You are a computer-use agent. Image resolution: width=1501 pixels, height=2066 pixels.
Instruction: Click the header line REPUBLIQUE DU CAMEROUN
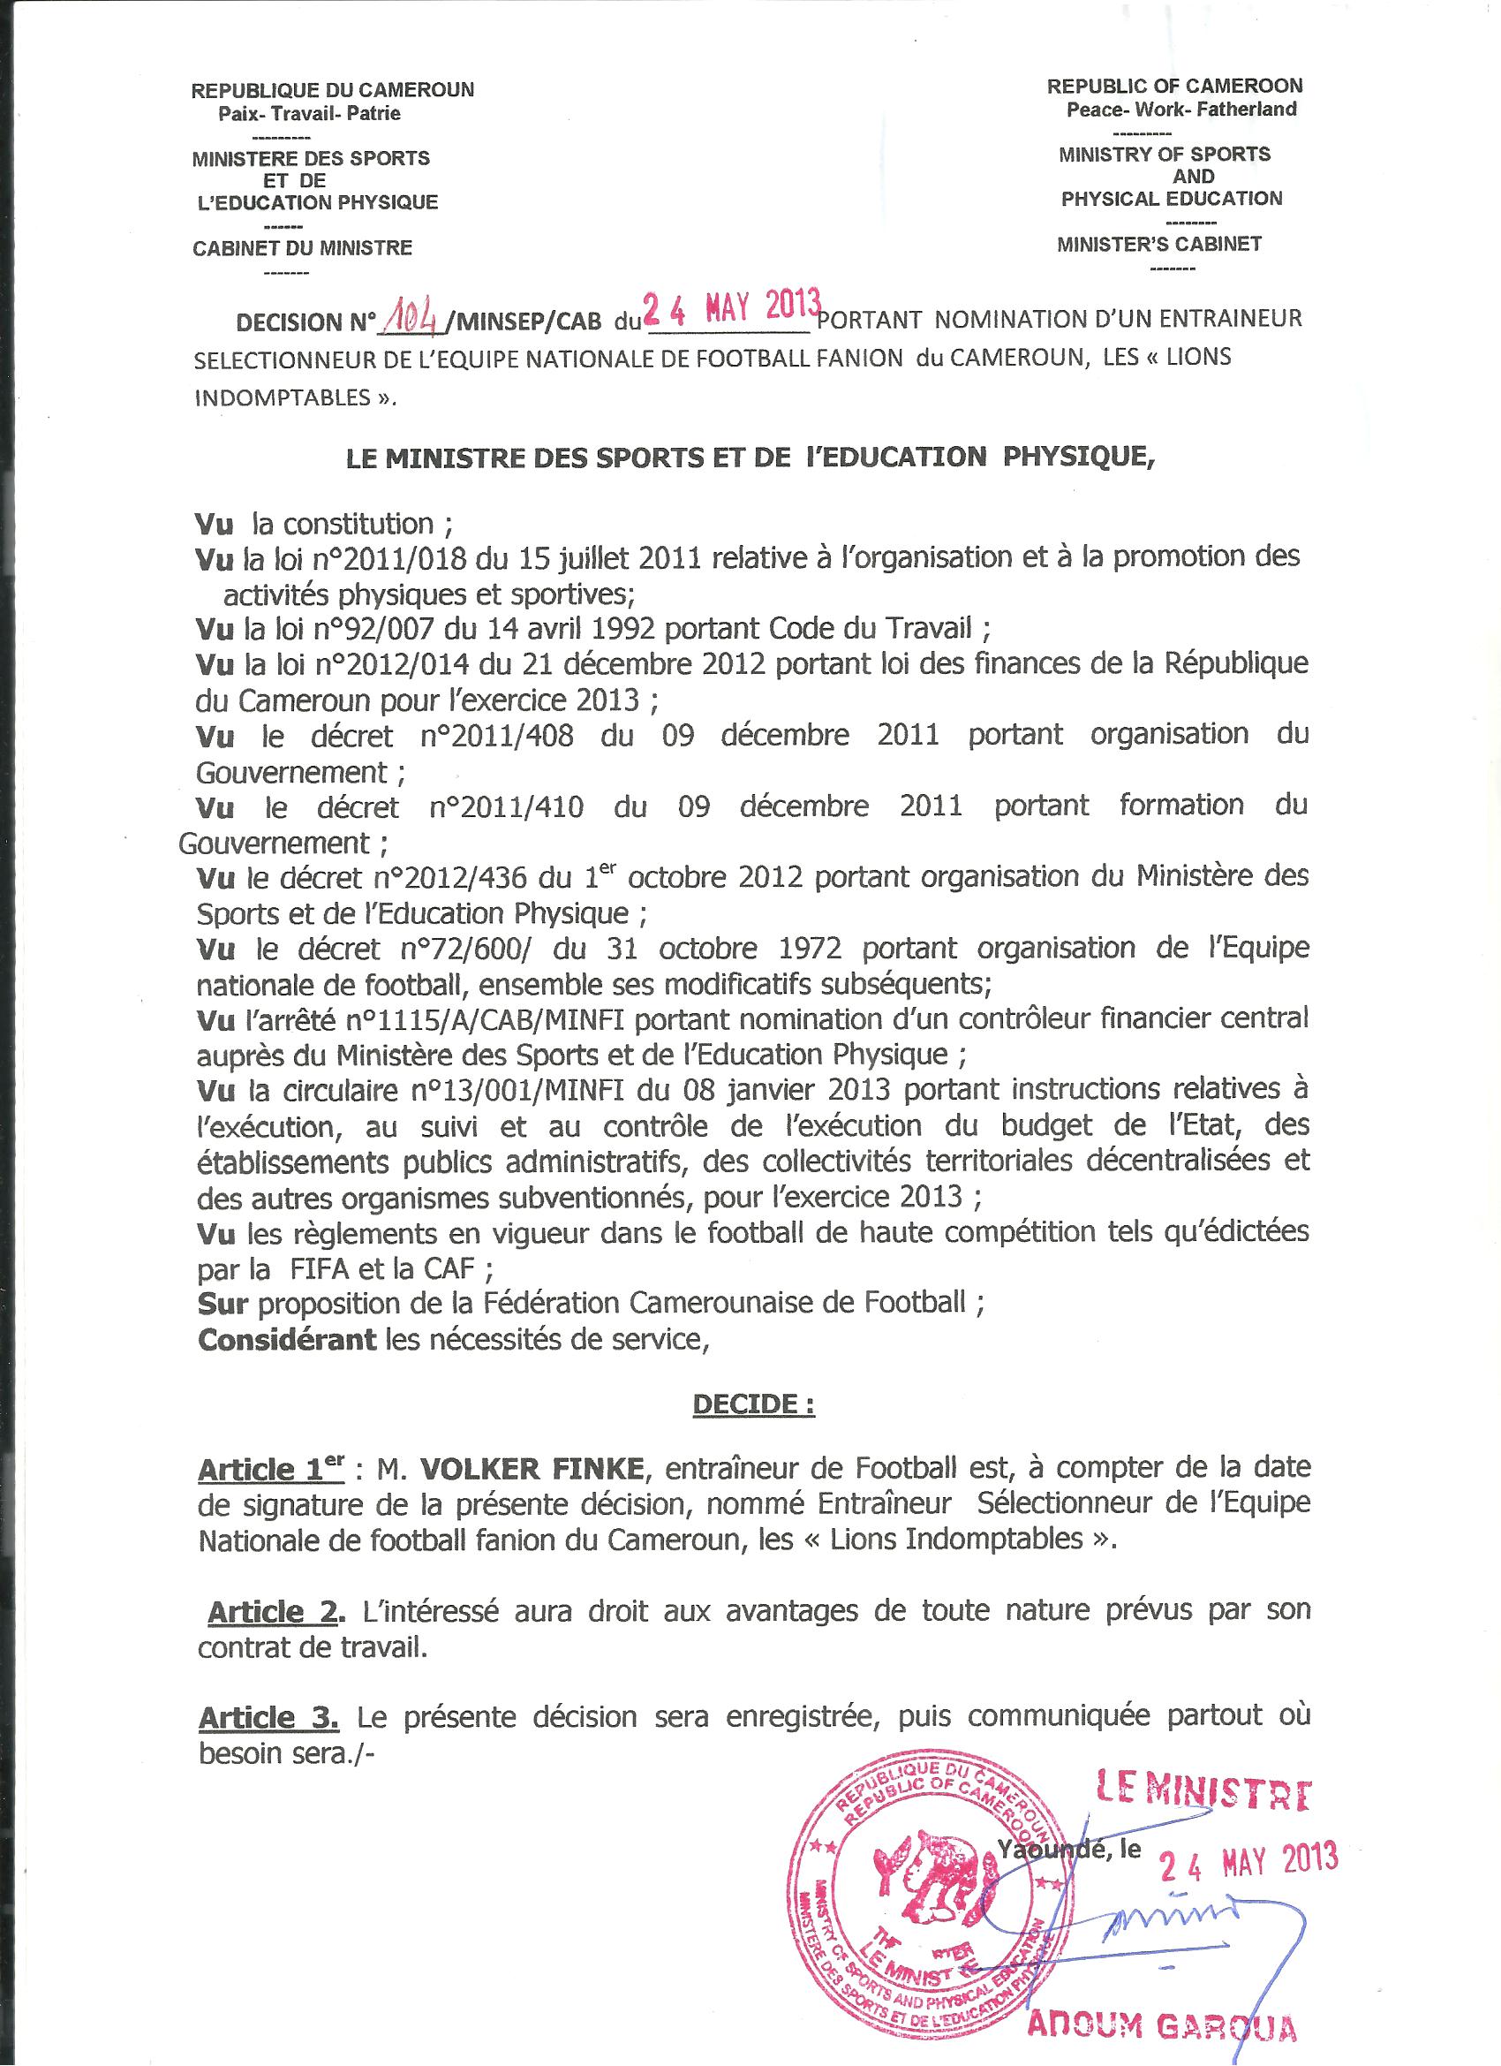[333, 90]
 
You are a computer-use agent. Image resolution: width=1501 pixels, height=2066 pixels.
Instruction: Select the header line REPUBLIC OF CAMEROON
[1174, 86]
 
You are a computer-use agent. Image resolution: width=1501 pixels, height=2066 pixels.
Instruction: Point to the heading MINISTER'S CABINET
[1158, 244]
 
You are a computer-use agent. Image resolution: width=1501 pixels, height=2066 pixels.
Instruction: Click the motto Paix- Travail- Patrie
[309, 114]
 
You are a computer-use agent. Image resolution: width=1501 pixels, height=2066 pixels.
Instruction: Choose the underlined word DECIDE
[752, 1404]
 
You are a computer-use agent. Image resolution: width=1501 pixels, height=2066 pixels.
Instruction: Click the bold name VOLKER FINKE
[532, 1467]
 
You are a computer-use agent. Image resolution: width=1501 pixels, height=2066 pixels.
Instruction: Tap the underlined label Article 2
[276, 1612]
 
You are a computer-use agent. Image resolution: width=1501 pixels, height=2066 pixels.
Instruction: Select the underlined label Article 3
[268, 1717]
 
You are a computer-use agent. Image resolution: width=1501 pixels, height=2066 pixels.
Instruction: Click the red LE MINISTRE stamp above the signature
[1203, 1792]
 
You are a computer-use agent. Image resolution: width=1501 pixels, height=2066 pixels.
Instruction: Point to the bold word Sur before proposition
[223, 1304]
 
